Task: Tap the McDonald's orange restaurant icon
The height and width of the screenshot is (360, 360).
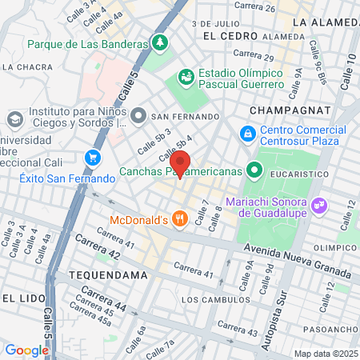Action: tap(180, 218)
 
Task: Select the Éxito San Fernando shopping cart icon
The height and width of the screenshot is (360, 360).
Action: tap(94, 158)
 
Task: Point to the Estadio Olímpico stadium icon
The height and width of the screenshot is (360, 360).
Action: tap(186, 77)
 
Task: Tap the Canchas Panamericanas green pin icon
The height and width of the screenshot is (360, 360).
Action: tap(254, 170)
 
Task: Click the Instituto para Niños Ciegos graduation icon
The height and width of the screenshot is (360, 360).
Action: tap(14, 118)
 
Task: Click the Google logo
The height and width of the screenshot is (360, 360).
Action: tap(27, 350)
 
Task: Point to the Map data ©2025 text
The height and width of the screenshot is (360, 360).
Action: tap(325, 354)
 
